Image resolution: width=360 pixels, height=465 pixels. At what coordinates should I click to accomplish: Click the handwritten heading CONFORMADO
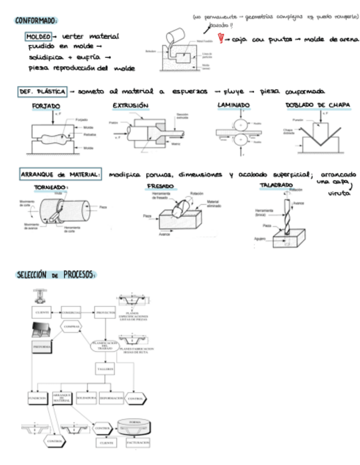click(x=36, y=21)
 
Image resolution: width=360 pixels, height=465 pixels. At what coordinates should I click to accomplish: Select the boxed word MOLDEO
click(x=38, y=37)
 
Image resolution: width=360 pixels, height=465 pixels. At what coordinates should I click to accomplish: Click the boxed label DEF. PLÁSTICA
click(x=42, y=91)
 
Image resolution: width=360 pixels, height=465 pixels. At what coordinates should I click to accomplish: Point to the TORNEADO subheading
click(x=51, y=187)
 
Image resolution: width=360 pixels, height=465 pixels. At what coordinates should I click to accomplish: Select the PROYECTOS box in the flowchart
click(x=104, y=313)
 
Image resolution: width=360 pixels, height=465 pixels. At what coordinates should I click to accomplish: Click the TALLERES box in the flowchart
click(x=104, y=370)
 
